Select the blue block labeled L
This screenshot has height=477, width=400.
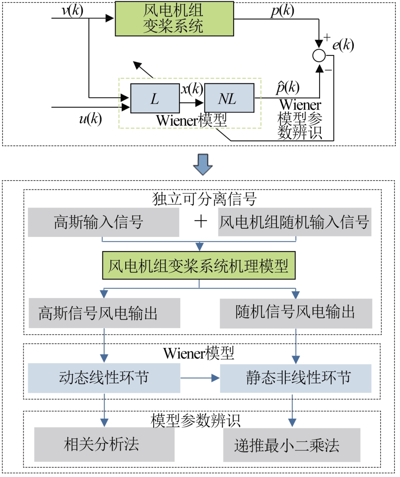pos(154,99)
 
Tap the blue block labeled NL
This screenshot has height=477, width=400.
pos(229,99)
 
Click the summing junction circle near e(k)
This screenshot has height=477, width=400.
pos(318,55)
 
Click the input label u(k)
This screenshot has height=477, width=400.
pos(90,120)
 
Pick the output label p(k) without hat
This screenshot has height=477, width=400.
pos(282,11)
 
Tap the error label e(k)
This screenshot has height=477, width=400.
pos(343,45)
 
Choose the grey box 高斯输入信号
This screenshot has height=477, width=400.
pos(103,222)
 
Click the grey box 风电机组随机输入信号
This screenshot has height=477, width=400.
pos(295,222)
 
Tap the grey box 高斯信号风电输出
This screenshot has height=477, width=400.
pos(104,313)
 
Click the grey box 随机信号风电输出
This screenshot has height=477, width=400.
pos(295,313)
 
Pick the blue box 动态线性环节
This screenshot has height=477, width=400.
pos(104,378)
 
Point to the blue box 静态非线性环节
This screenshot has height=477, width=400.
pos(295,378)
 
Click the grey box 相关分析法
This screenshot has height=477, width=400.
pos(104,444)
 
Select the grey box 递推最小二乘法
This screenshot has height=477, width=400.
pos(292,445)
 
